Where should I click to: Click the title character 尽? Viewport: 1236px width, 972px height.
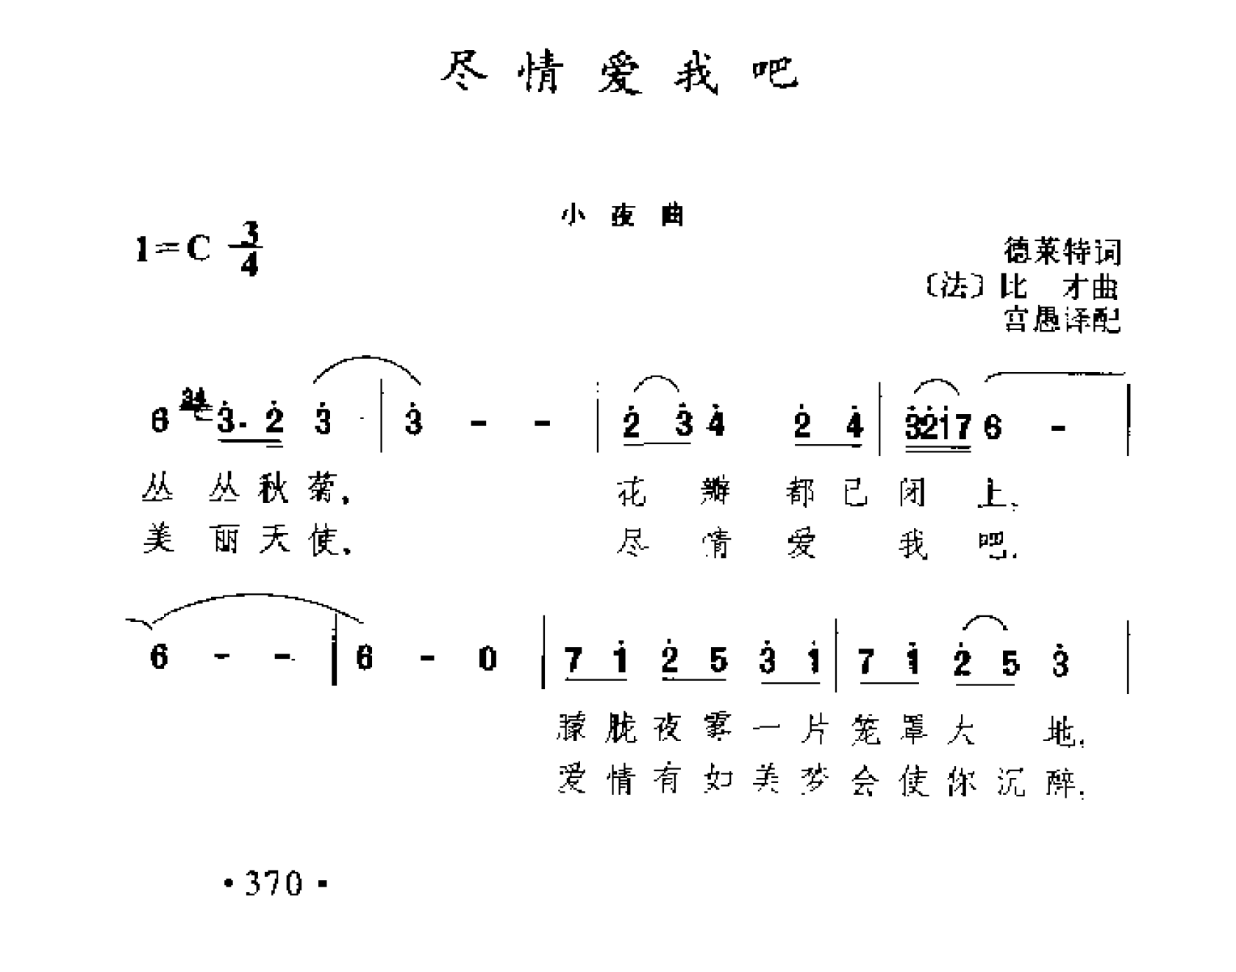click(x=464, y=71)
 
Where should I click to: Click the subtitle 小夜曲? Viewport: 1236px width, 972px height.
click(x=622, y=215)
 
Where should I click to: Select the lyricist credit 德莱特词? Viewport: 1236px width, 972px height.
click(x=1062, y=251)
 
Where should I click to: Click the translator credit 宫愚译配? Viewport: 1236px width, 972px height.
click(x=1062, y=319)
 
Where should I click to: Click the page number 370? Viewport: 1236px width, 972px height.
click(x=274, y=882)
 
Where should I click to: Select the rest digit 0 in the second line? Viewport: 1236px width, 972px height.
click(x=487, y=658)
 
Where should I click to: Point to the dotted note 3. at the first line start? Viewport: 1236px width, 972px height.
click(x=232, y=423)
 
